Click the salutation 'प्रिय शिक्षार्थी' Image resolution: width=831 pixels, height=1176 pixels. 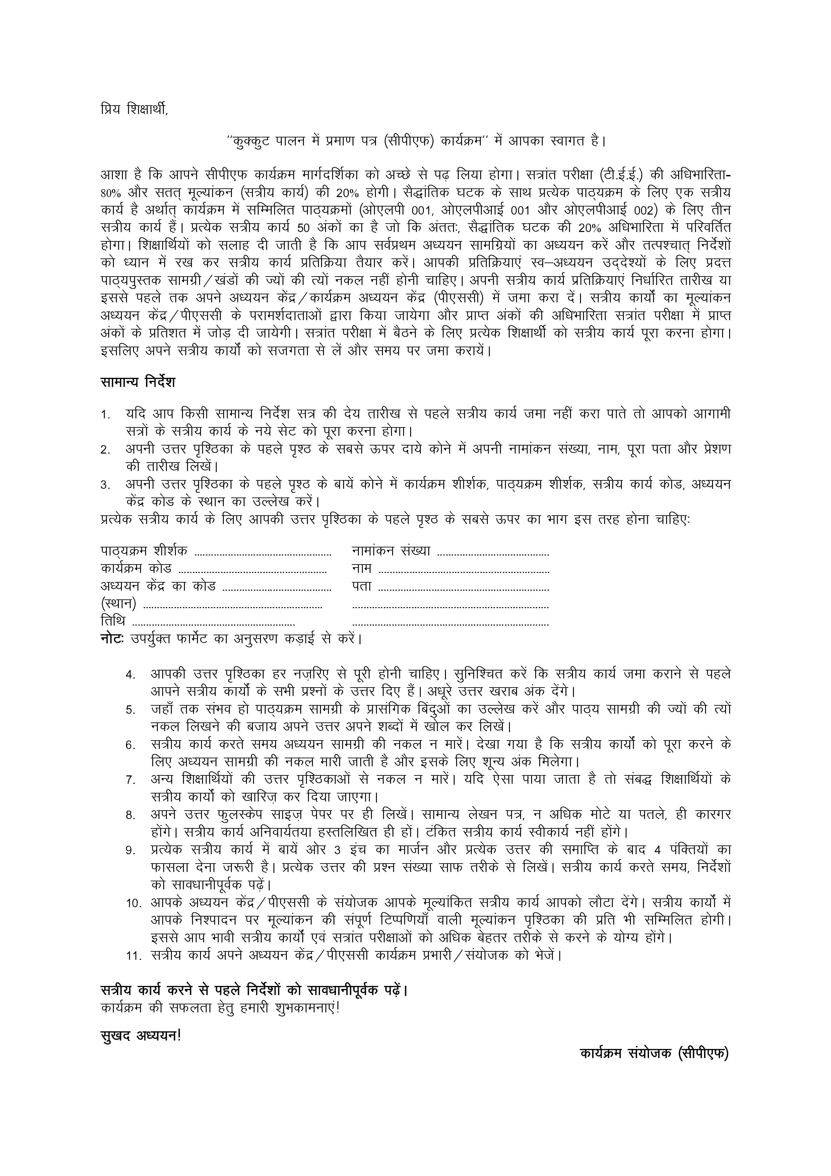coord(134,110)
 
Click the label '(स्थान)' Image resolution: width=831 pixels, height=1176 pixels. coord(118,604)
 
